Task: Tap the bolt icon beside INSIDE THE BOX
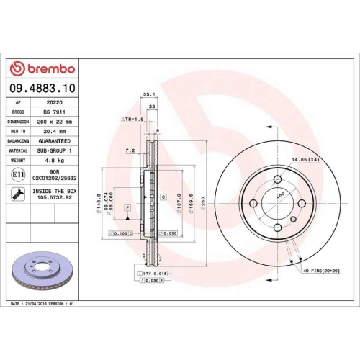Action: coord(17,193)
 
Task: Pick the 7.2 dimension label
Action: coord(130,151)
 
